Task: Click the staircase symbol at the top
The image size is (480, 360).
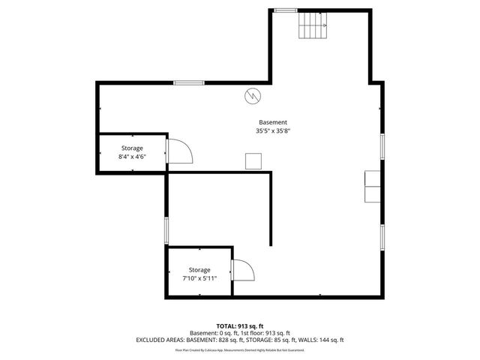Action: point(313,27)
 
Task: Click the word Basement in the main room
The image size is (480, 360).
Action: point(273,122)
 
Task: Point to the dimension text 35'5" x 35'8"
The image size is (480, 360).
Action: point(273,130)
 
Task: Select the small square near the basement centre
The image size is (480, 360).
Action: point(253,160)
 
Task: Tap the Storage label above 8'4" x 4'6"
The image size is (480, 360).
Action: point(132,148)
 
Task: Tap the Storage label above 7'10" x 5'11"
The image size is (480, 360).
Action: point(199,269)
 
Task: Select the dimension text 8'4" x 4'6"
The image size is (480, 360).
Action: point(132,157)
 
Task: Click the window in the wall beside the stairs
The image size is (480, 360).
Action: point(285,10)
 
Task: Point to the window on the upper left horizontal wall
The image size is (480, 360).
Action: point(189,82)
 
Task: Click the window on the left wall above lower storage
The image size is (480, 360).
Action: point(166,230)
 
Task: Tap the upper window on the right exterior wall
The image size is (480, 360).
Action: point(382,146)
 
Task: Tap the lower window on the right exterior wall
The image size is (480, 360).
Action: point(382,236)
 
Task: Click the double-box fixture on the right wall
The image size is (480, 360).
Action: point(373,187)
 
